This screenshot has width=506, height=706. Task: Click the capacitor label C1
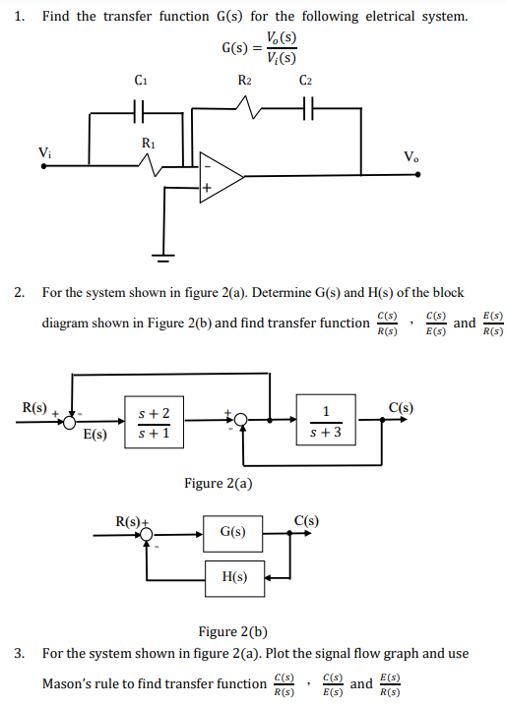click(141, 80)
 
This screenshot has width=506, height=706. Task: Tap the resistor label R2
click(245, 80)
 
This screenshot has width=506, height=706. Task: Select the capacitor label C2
click(305, 80)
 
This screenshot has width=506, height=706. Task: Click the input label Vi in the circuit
click(44, 151)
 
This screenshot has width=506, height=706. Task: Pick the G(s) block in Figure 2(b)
click(233, 532)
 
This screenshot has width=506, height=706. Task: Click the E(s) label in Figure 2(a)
click(95, 434)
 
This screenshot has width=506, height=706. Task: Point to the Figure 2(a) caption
click(219, 483)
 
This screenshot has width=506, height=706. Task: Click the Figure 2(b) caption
click(233, 631)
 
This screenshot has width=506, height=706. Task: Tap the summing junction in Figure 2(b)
click(147, 535)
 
